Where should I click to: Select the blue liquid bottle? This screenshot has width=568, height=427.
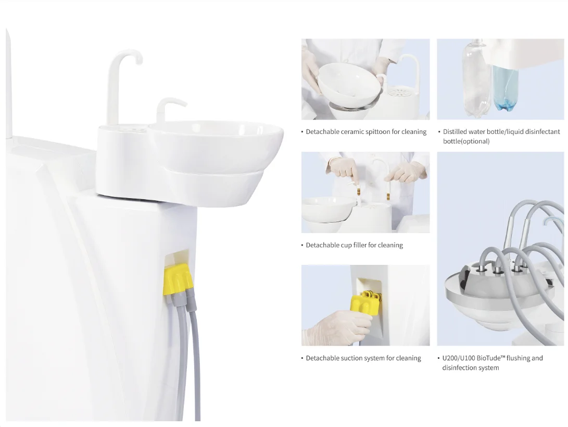pyautogui.click(x=506, y=88)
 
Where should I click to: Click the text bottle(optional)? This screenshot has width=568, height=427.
pyautogui.click(x=466, y=141)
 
